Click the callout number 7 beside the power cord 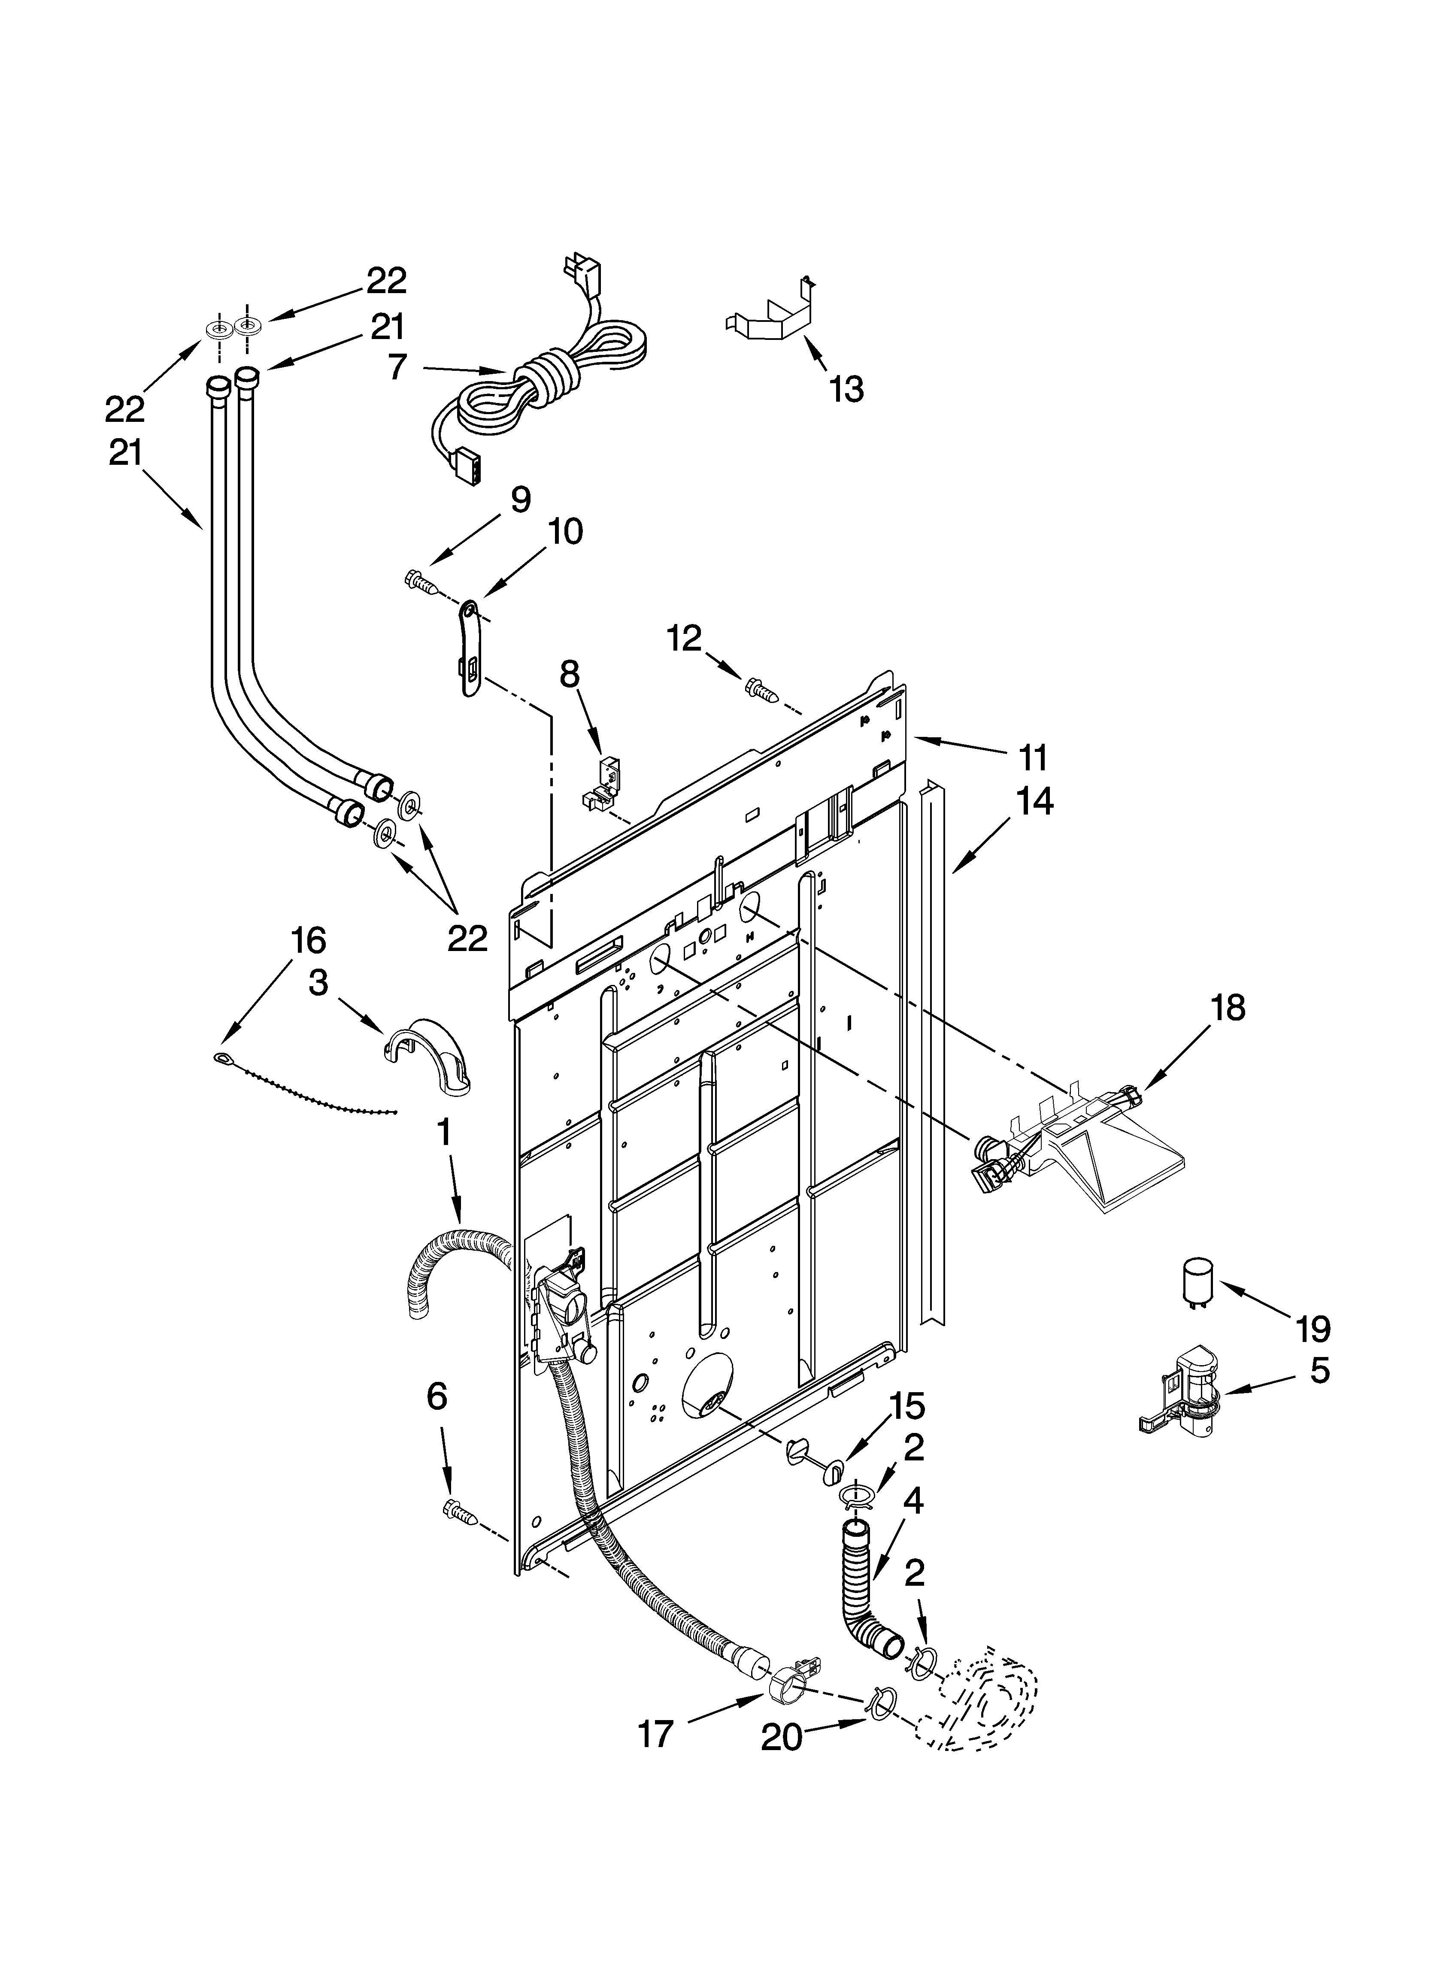[397, 367]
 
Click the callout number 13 [846, 389]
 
